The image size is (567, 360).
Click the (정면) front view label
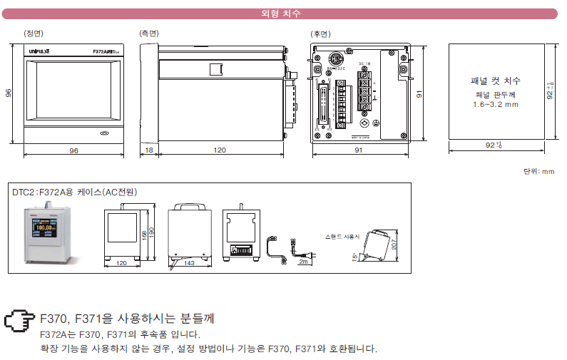coord(33,34)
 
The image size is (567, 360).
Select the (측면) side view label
coord(148,34)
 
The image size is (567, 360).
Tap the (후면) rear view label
coord(320,34)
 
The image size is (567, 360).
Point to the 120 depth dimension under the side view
coord(220,150)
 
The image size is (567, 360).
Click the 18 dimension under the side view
coord(148,150)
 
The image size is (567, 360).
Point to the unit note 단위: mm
coord(538,171)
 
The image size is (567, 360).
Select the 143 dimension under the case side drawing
coord(190,263)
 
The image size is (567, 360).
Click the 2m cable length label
coord(303,262)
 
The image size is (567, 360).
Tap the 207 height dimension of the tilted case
coord(394,245)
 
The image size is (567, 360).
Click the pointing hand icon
coord(19,320)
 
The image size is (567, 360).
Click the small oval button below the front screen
coord(104,133)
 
